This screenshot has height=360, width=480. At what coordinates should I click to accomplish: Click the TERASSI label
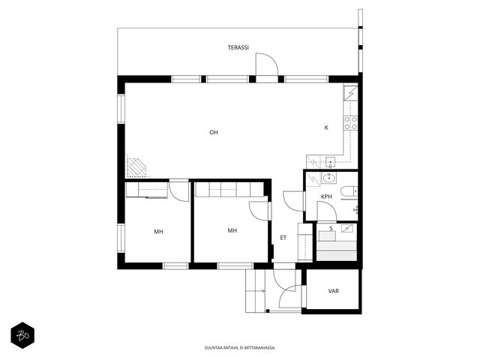238,47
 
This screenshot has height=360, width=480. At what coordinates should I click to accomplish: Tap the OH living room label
214,132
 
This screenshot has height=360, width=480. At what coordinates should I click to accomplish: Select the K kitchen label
326,127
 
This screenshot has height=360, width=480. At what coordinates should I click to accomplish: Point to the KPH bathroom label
326,196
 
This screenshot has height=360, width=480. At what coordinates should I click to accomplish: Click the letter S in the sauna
331,228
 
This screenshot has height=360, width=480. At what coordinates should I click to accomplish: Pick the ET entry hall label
283,238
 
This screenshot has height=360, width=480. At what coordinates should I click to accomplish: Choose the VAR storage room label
333,291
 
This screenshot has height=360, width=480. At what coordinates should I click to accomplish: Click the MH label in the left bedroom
158,232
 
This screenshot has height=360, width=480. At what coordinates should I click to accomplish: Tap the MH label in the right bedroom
232,230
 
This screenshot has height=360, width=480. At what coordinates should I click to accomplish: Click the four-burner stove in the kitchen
351,123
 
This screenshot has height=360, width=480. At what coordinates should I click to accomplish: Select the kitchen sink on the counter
330,162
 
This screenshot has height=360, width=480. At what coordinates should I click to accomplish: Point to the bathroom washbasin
329,178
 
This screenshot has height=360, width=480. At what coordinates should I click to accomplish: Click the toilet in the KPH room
349,192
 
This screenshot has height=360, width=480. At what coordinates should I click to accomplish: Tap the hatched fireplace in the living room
136,166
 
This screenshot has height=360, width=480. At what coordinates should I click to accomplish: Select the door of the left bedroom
179,191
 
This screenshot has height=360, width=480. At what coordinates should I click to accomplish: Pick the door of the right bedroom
259,211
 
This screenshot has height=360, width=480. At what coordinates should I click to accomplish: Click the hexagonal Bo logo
22,335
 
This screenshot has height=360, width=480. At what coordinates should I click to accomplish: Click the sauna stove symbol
347,228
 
